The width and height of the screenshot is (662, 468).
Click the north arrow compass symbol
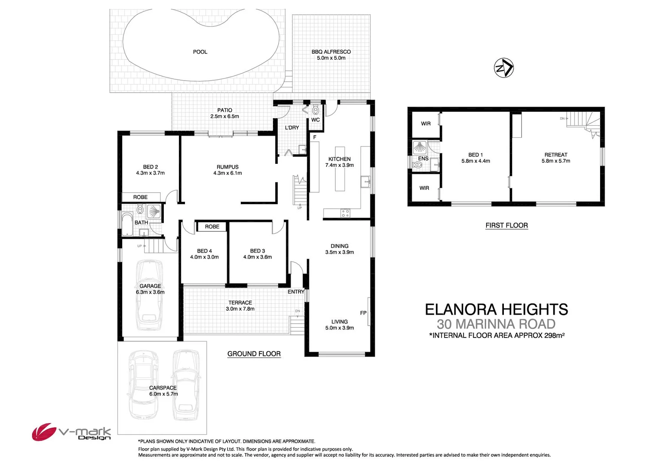coord(504,68)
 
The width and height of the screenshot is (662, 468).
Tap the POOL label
coord(200,52)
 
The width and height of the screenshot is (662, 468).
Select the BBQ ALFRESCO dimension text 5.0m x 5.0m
coord(331,58)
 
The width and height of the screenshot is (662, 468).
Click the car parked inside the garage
coord(149,295)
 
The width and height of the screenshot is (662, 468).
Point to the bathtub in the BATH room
coord(127,224)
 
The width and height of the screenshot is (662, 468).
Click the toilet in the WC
coord(315,110)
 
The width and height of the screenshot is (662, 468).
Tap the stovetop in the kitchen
coord(345,213)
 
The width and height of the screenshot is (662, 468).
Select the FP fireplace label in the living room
coord(363,313)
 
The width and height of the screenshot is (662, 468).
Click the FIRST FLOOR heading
coord(506,225)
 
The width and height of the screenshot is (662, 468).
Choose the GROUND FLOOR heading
coord(254,354)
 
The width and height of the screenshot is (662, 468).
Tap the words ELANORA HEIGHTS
coord(496,309)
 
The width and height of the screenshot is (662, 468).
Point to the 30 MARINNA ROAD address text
coord(496,324)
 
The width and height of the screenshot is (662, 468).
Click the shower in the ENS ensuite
coord(420,147)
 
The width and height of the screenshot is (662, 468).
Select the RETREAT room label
coord(556,155)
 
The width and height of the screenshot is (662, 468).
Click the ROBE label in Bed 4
coord(212,227)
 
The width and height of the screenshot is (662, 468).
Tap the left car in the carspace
coord(143,383)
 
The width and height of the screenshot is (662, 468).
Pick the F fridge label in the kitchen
coord(315,137)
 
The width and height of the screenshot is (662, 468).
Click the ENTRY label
coord(296,292)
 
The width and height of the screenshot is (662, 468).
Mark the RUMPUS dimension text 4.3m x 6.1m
coord(227,173)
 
